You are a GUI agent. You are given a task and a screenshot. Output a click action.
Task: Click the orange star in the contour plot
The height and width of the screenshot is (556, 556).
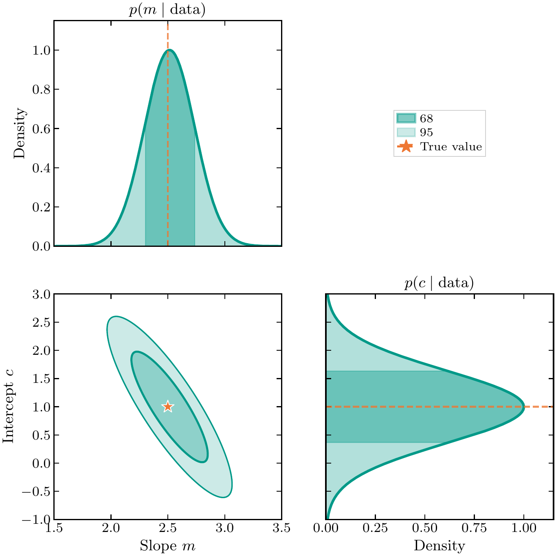click(x=167, y=407)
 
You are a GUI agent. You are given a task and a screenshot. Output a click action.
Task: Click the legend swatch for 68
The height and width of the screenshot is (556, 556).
click(x=406, y=119)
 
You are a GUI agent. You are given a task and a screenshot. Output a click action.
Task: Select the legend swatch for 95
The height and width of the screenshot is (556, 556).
click(x=406, y=132)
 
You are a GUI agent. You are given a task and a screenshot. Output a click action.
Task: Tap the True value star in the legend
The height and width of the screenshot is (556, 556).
click(x=406, y=147)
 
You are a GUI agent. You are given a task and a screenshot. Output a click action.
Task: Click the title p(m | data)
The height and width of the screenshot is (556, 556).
click(x=167, y=10)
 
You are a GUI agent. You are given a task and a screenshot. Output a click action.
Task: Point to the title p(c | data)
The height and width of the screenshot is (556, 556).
click(x=439, y=283)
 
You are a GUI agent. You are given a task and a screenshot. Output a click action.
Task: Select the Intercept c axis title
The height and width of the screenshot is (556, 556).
click(x=8, y=407)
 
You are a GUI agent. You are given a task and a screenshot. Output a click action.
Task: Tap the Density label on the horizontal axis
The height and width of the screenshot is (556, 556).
click(x=439, y=545)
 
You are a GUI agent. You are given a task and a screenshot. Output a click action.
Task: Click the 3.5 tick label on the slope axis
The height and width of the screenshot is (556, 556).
click(x=281, y=529)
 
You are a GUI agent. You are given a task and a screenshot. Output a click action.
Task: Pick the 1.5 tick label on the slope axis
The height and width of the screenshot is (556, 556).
click(x=54, y=529)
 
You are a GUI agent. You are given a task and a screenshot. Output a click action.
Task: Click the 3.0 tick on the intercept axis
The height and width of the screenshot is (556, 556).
click(x=40, y=294)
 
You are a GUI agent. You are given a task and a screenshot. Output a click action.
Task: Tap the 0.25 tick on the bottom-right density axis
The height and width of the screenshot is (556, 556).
click(x=375, y=529)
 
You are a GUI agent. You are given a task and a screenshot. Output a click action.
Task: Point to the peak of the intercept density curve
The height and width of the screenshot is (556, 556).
click(x=524, y=407)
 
